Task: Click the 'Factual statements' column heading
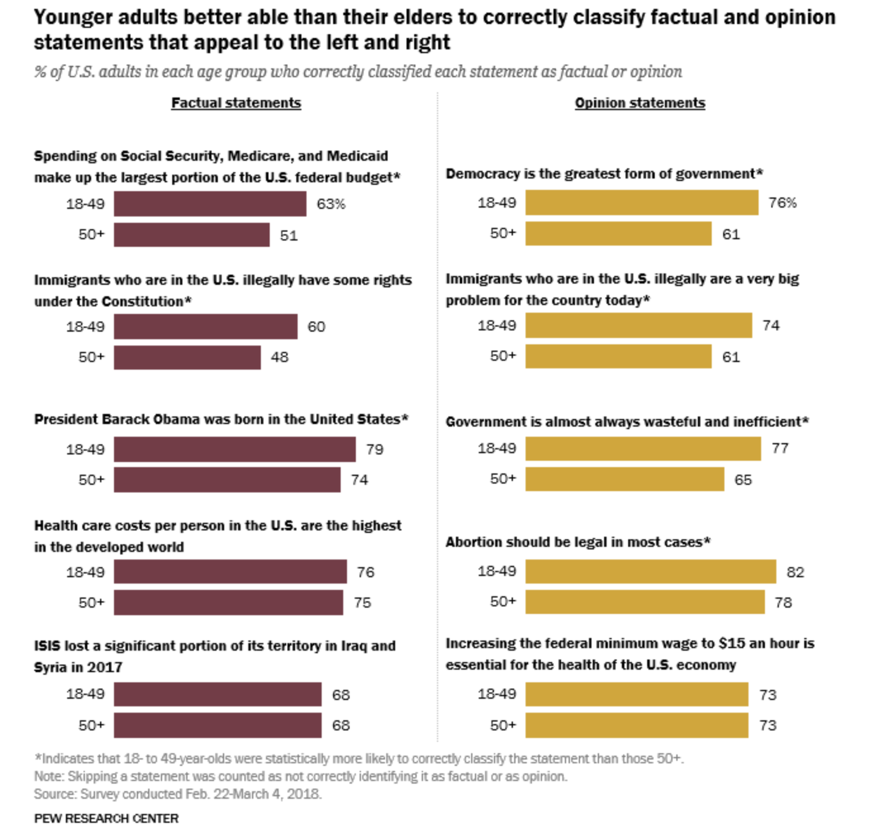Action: coord(236,103)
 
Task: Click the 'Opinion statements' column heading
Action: coord(640,103)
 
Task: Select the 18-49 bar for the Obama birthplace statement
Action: coord(234,449)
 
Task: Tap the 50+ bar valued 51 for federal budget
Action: coord(191,235)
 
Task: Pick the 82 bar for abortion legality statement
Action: coord(650,572)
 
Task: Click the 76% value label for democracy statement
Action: coord(782,203)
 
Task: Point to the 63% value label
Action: coord(331,204)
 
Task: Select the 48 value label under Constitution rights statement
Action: coord(279,358)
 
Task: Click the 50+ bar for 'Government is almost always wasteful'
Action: coord(624,479)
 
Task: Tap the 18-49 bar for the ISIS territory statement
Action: coord(217,694)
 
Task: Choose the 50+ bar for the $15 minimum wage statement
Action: coord(636,725)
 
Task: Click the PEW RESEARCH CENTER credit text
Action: coord(106,818)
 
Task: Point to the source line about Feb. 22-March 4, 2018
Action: coord(178,794)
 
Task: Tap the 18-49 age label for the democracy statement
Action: coord(496,203)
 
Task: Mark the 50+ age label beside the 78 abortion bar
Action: coord(503,601)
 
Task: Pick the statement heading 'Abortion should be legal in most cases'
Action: coord(578,542)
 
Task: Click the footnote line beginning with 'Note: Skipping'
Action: coord(300,776)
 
